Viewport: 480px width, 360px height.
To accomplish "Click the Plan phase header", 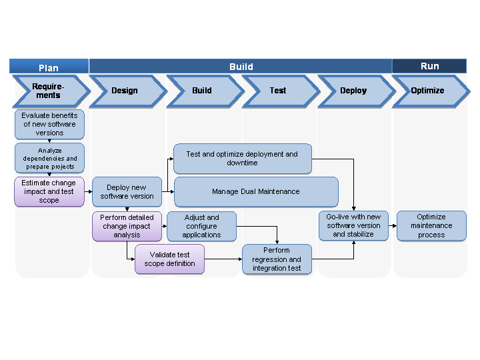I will [49, 67].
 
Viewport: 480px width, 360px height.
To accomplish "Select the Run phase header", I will [429, 66].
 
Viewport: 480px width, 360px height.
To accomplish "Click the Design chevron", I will [125, 91].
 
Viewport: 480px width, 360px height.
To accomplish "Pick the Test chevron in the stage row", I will [279, 91].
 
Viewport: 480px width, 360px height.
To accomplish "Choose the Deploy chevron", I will [354, 91].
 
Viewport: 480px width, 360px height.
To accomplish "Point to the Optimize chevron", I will [429, 91].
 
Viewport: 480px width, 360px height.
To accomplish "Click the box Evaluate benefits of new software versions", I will [49, 124].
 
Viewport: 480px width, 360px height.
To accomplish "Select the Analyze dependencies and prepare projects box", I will [49, 158].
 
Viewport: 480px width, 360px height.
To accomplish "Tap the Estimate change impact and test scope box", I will [49, 191].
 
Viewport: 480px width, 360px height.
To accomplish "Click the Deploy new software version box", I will [127, 191].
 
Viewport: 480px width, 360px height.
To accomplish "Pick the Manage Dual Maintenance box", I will [256, 191].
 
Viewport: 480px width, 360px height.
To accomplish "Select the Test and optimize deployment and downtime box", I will [243, 159].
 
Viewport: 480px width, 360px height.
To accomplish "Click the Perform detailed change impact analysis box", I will [127, 226].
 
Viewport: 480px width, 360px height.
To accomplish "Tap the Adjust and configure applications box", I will [201, 226].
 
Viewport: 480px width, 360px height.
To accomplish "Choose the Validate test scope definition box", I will [169, 259].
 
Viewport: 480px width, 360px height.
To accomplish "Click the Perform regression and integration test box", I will [277, 259].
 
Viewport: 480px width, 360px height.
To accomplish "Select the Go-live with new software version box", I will [353, 226].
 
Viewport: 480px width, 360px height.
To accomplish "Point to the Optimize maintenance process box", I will [431, 226].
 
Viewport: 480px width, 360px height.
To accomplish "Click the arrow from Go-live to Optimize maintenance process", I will [393, 226].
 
